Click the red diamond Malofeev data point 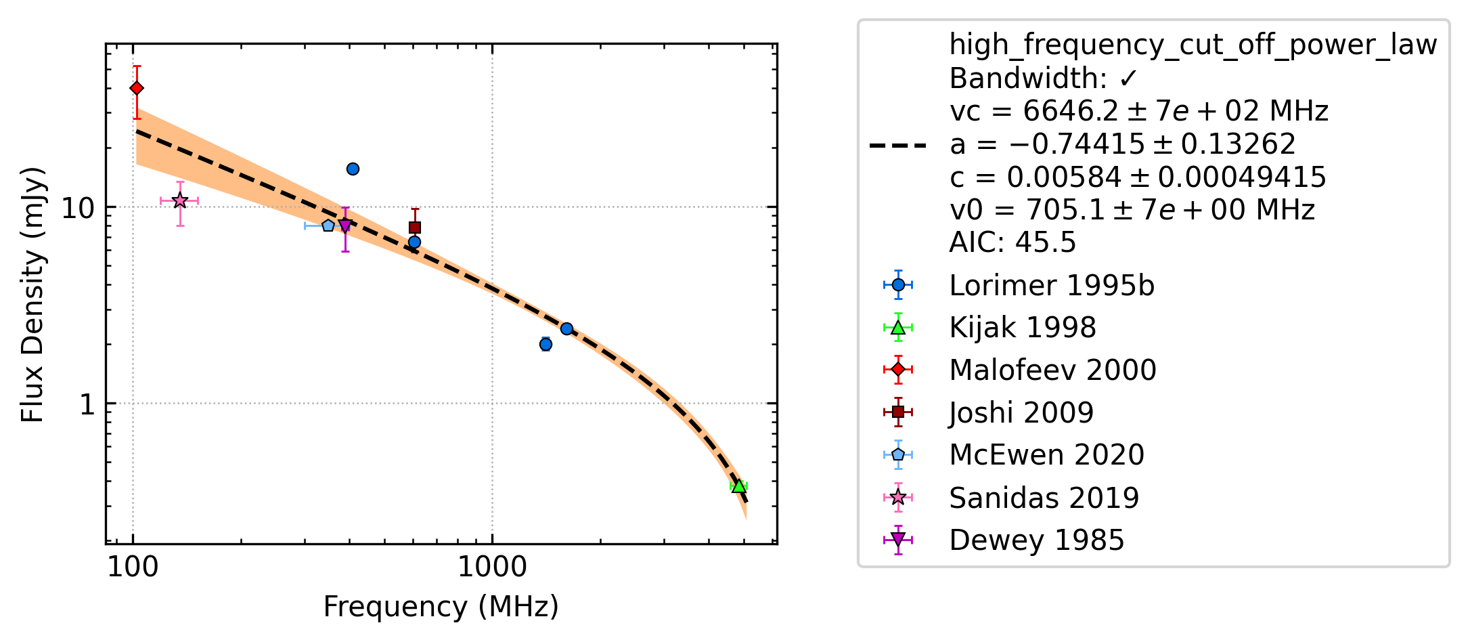(x=137, y=88)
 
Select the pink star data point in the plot (x=179, y=200)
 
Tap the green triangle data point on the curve (x=739, y=486)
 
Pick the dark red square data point (x=415, y=228)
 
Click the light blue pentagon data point (x=328, y=225)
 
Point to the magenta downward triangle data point (x=345, y=226)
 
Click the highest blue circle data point (x=353, y=169)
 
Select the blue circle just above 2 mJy (x=545, y=344)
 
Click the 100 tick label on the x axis (x=133, y=567)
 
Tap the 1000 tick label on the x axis (x=492, y=567)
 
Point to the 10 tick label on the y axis (x=79, y=208)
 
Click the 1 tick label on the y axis (x=87, y=405)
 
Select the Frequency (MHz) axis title (x=441, y=607)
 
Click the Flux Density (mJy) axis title (x=32, y=295)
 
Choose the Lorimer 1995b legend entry (x=1019, y=285)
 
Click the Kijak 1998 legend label (x=1023, y=328)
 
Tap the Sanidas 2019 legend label (x=1044, y=498)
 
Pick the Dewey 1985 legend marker (x=898, y=540)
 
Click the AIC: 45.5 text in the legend (x=1012, y=242)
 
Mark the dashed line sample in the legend (x=898, y=145)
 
